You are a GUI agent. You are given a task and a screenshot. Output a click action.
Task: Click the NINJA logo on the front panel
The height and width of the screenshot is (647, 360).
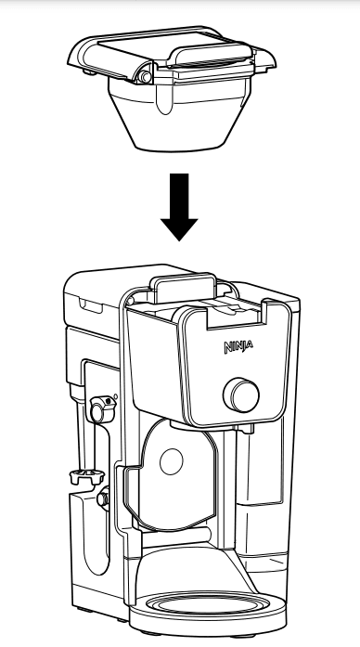tap(238, 346)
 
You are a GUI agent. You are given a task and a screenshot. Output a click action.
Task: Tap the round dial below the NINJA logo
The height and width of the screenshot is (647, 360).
tap(241, 395)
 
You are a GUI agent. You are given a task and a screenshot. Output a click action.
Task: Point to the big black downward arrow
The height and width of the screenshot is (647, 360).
tap(179, 207)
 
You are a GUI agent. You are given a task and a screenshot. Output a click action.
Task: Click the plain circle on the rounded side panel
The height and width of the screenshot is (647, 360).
tap(171, 461)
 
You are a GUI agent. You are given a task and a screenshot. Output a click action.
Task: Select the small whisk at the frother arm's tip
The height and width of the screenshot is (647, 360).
tap(85, 476)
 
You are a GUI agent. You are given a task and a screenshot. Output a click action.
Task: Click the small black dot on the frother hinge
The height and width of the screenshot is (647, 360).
tap(108, 401)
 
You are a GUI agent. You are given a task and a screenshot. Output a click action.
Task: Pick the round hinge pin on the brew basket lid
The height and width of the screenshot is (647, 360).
tap(145, 77)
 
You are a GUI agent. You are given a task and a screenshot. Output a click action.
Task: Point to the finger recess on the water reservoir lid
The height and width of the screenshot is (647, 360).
tap(90, 306)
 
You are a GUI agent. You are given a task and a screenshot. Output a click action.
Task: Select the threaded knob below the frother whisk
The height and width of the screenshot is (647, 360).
tap(103, 498)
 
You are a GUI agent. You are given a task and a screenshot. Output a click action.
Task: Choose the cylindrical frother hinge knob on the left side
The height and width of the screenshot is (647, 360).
tap(99, 409)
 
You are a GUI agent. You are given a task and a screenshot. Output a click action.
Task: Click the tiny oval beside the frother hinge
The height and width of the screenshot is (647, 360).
tap(115, 396)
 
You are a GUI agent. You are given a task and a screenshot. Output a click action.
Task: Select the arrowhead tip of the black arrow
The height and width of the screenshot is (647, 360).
tap(179, 241)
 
